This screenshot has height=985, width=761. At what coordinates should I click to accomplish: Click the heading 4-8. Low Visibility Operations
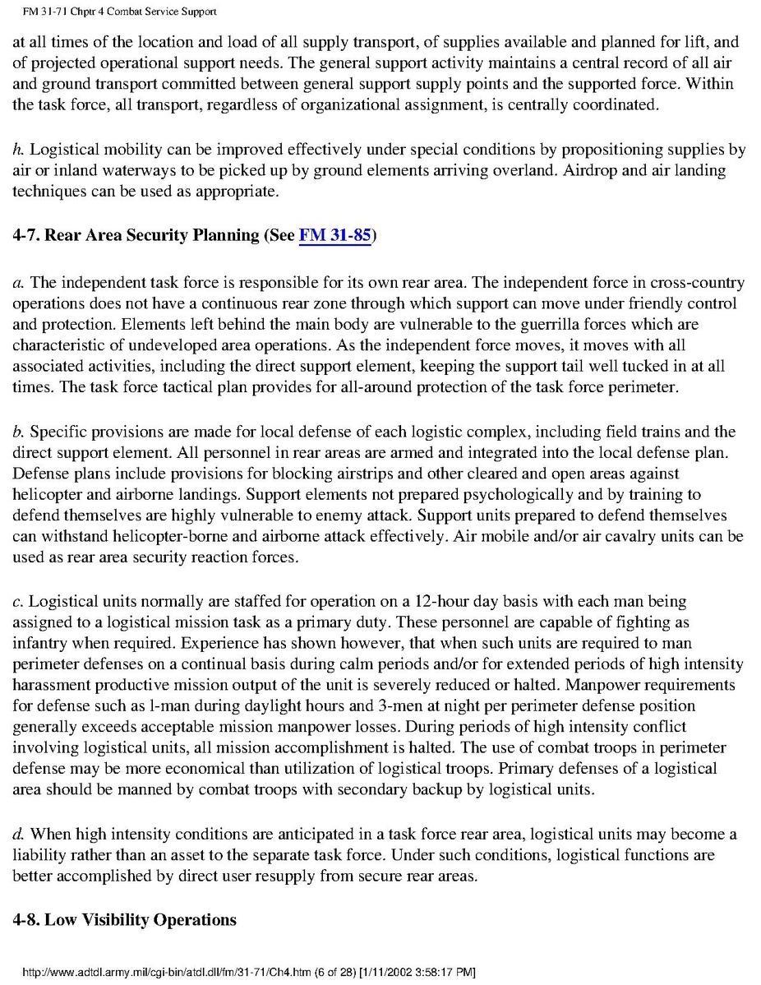pos(124,919)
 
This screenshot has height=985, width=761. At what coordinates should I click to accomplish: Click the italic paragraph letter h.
pos(16,150)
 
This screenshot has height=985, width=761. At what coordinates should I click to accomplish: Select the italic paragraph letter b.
pos(16,432)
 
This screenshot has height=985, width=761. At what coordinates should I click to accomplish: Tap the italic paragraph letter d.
pos(17,834)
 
